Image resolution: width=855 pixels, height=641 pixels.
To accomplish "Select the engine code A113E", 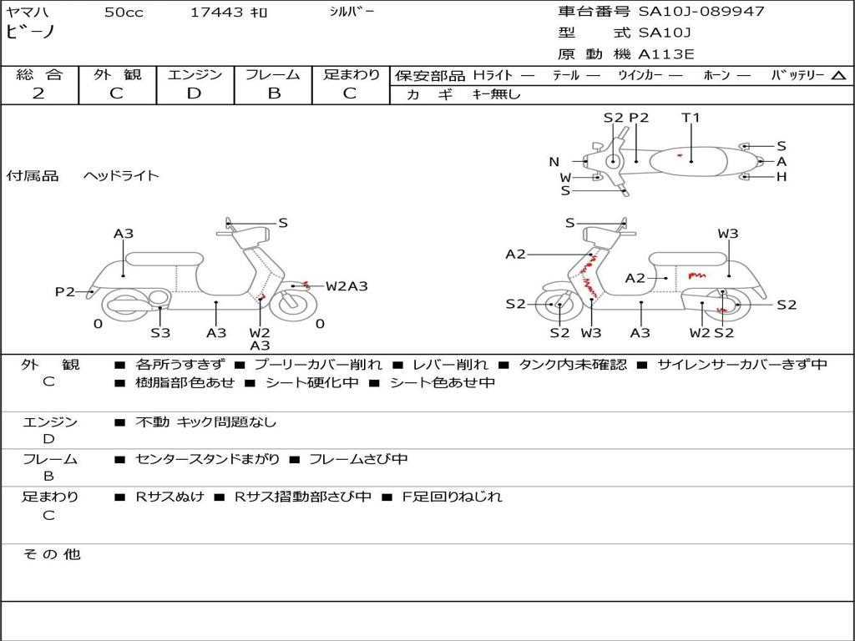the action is point(665,55).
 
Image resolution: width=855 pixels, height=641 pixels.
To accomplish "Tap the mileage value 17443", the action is point(217,13).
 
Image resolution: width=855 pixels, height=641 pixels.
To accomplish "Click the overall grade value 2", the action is point(38,93).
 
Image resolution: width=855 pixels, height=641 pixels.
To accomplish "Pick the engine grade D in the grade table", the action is point(194,93).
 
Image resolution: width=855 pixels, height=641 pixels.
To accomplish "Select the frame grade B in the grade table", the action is point(273,93).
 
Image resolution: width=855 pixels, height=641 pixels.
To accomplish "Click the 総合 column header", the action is point(38,74).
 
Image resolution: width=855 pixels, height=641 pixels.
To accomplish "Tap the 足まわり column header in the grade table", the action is point(352,74).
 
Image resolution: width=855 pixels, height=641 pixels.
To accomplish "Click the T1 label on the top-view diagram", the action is point(691,118).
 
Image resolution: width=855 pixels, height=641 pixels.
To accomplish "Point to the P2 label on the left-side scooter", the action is point(65,291).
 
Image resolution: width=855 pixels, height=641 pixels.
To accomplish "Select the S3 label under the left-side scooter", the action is point(160,333).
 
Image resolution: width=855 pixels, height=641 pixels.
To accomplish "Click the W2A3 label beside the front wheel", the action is point(347,286).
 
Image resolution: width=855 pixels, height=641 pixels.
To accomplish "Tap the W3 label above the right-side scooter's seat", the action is point(728,234).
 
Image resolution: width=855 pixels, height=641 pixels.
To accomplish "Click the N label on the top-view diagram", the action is point(554,162).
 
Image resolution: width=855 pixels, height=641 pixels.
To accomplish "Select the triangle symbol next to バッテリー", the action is point(838,76).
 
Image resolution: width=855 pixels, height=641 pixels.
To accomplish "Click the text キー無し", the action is point(496,94).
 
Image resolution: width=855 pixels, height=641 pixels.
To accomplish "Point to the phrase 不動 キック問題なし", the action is point(205,422).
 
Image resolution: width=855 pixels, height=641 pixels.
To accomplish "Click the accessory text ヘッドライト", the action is point(121,176).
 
